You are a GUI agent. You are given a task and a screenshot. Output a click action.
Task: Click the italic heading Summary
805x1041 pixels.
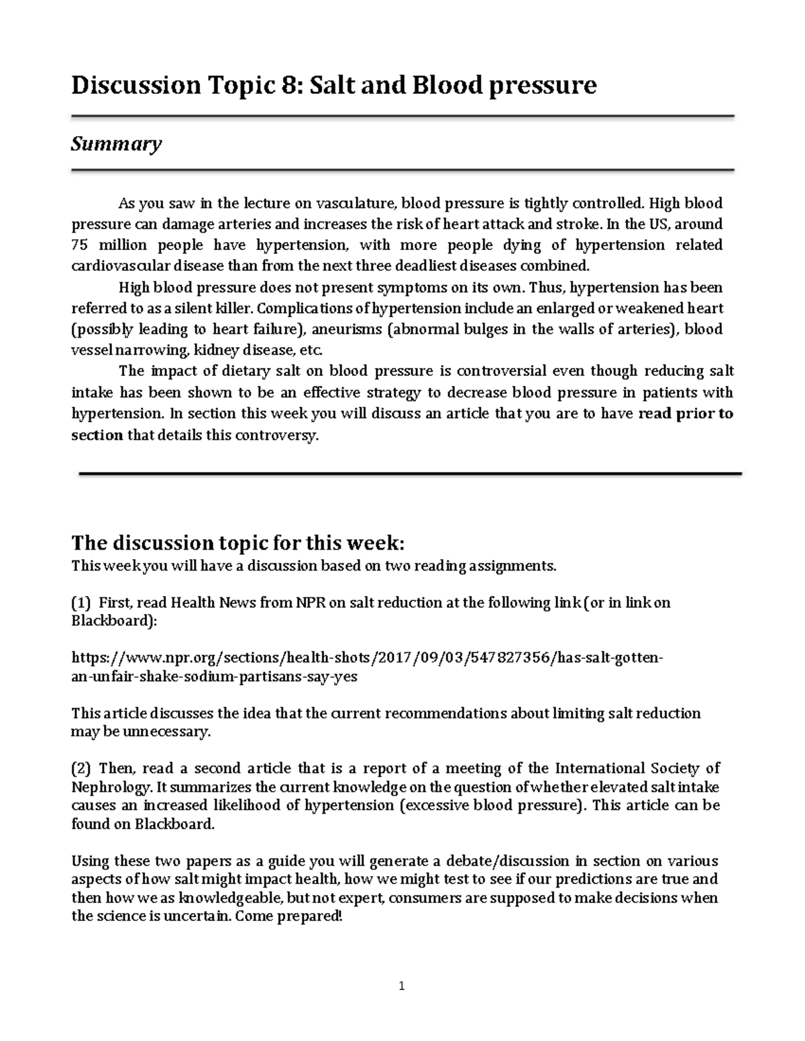tap(116, 144)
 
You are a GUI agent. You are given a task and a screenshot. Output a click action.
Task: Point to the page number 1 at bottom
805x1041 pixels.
tap(402, 986)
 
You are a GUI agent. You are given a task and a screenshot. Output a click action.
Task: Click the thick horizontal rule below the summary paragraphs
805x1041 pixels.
tap(410, 474)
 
